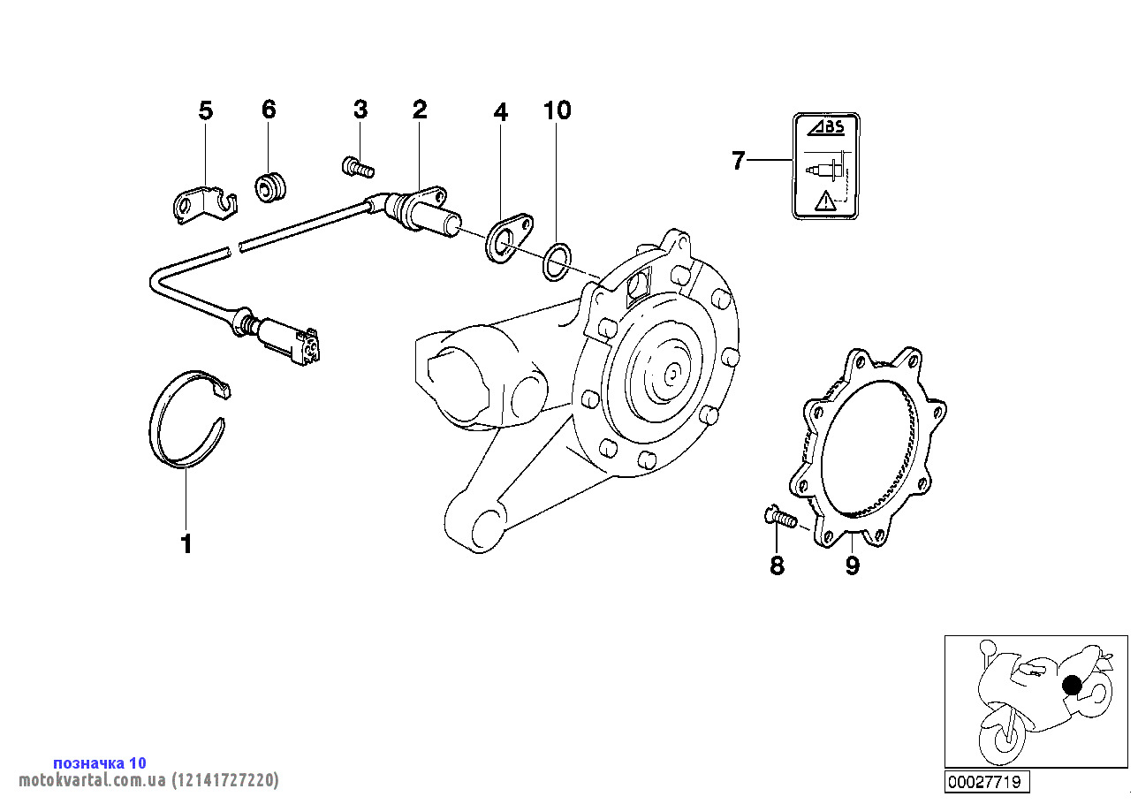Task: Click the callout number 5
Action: click(205, 110)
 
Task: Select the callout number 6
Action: click(269, 110)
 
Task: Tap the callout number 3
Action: click(360, 110)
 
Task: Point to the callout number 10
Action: click(558, 110)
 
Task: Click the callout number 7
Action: click(739, 161)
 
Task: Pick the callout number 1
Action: click(186, 544)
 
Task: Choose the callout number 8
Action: click(777, 565)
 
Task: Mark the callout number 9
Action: click(852, 565)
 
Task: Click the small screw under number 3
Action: click(358, 164)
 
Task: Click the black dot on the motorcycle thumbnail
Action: click(1072, 685)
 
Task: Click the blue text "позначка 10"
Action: click(100, 762)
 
